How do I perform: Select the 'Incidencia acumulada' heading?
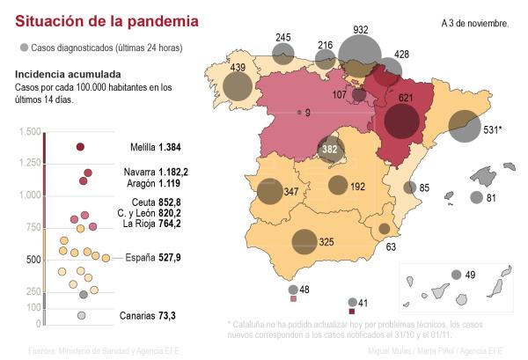pos(68,75)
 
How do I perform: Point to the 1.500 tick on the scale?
pos(30,132)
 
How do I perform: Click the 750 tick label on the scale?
pos(33,228)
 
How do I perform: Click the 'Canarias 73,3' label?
pos(146,315)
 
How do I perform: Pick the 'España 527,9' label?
pos(153,258)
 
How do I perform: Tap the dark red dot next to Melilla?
pos(80,147)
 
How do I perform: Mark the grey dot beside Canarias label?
pos(81,315)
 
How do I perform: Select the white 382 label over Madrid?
pos(330,150)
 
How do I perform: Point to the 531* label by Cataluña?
pos(493,130)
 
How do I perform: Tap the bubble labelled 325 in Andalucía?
pos(304,240)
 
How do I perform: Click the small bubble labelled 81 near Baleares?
pos(476,198)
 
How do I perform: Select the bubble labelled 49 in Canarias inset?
pos(456,275)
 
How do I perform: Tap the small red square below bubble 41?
pos(353,312)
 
